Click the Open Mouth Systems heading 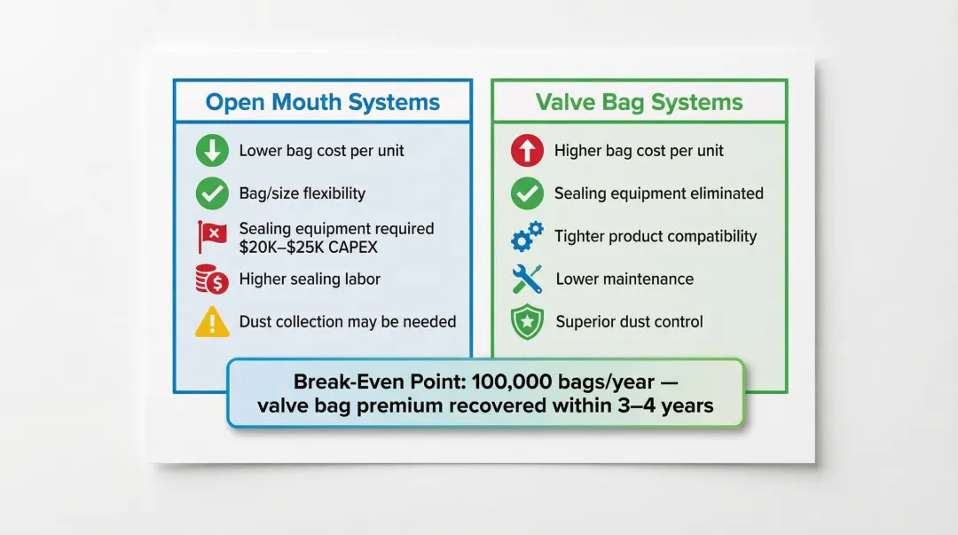pyautogui.click(x=323, y=102)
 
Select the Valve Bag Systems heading pyautogui.click(x=639, y=102)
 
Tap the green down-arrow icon pyautogui.click(x=212, y=151)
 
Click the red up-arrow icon pyautogui.click(x=527, y=151)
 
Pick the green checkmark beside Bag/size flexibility pyautogui.click(x=212, y=193)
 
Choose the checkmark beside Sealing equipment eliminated pyautogui.click(x=527, y=193)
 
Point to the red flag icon pyautogui.click(x=212, y=237)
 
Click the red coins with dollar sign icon pyautogui.click(x=212, y=279)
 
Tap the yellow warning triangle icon pyautogui.click(x=212, y=321)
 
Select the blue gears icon pyautogui.click(x=527, y=237)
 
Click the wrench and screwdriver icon pyautogui.click(x=527, y=279)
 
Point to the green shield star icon pyautogui.click(x=527, y=321)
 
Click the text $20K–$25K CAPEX pyautogui.click(x=309, y=248)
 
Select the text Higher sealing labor pyautogui.click(x=310, y=279)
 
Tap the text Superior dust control pyautogui.click(x=629, y=321)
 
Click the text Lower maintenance pyautogui.click(x=624, y=279)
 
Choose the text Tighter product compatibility pyautogui.click(x=656, y=237)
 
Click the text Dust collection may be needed pyautogui.click(x=348, y=321)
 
